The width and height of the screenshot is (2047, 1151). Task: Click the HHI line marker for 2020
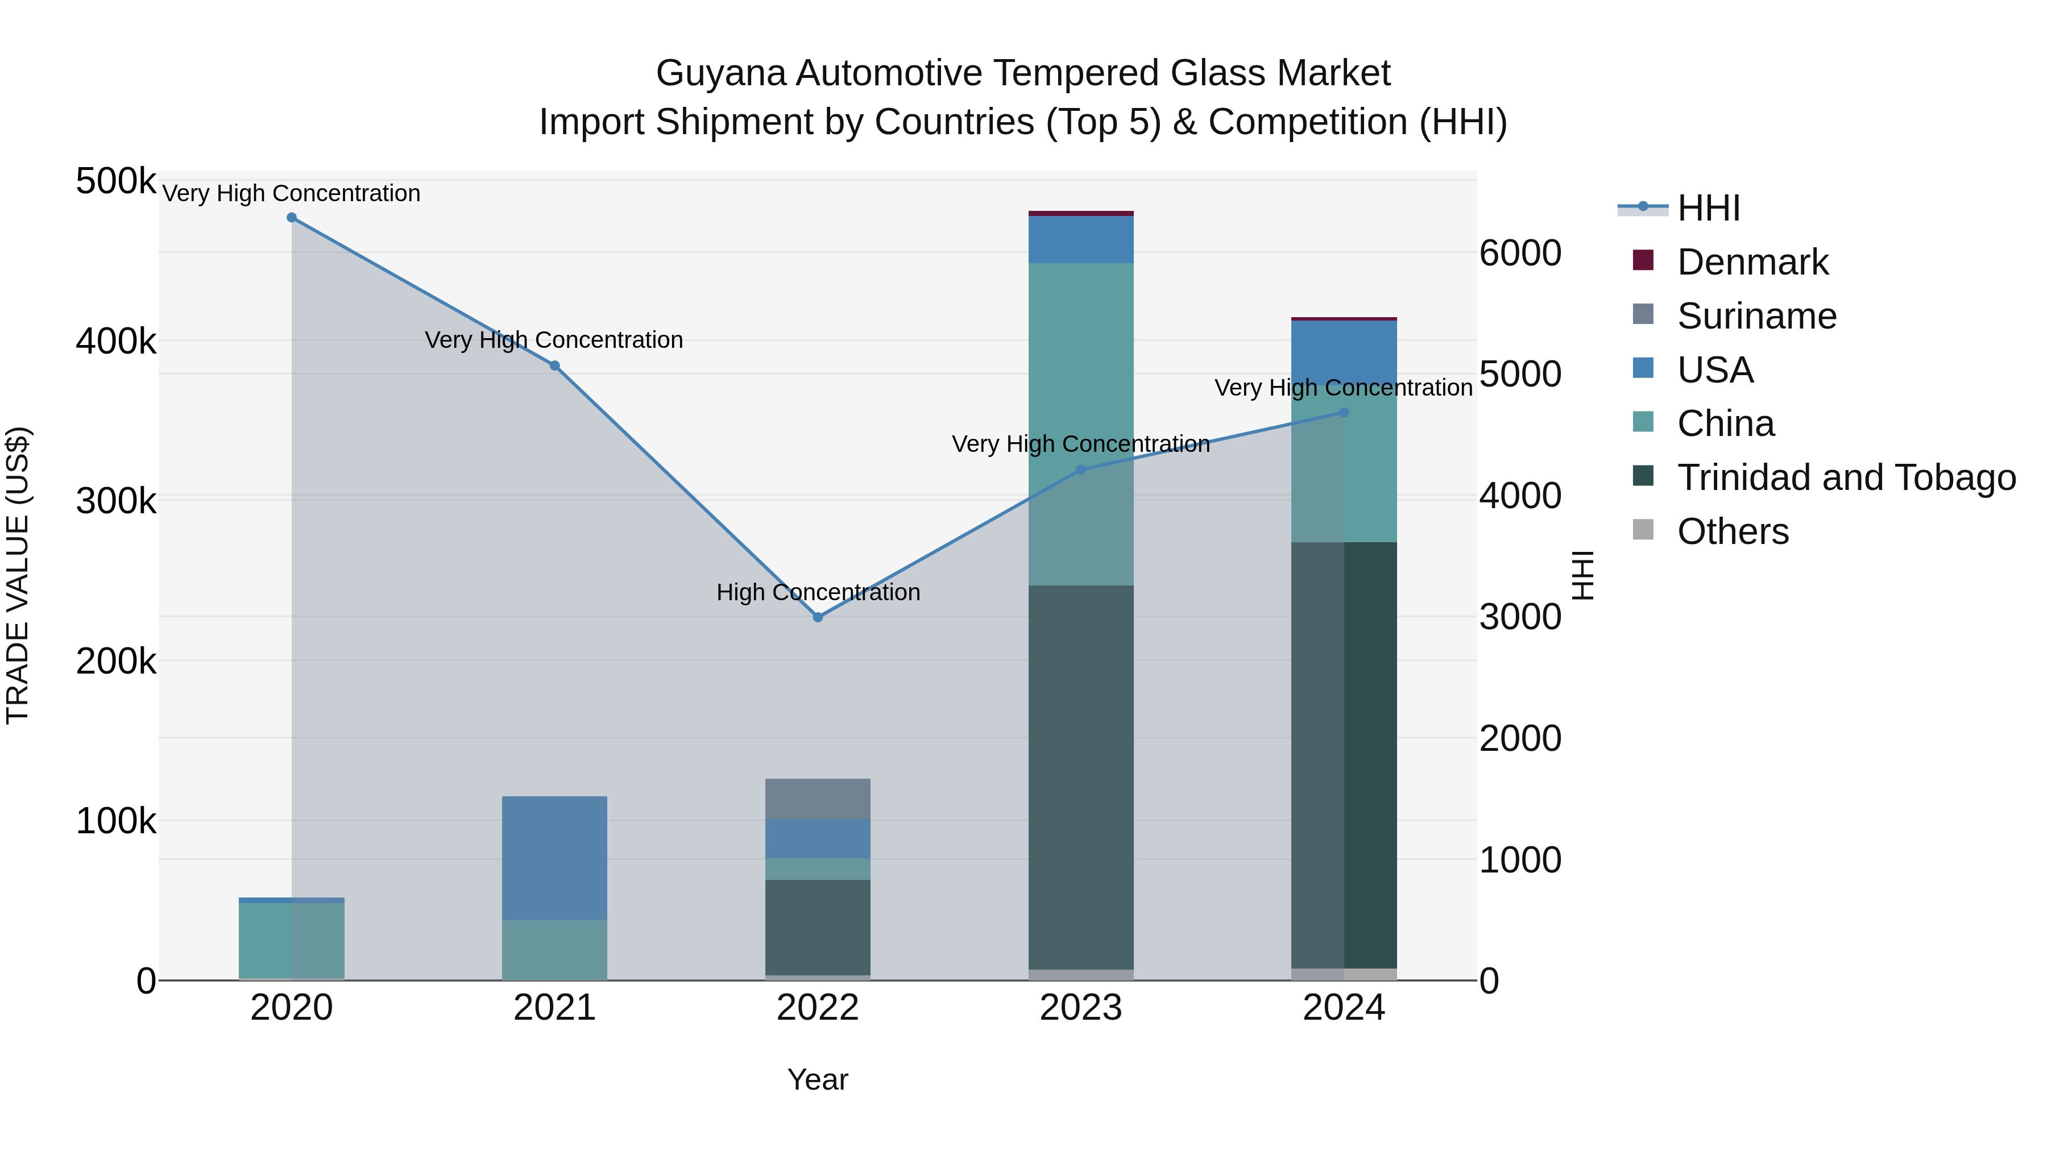tap(292, 218)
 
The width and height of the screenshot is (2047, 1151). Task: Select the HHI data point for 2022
tap(818, 617)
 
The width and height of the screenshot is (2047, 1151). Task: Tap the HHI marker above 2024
tap(1344, 412)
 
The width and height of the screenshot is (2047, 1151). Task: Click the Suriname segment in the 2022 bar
tap(818, 799)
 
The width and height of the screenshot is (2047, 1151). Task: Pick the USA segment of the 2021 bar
tap(554, 858)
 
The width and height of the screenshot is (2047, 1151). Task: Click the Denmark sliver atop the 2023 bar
tap(1081, 214)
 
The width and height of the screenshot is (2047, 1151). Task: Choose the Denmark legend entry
tap(1752, 262)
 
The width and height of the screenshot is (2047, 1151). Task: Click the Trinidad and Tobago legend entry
tap(1846, 477)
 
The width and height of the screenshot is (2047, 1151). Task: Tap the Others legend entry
tap(1733, 531)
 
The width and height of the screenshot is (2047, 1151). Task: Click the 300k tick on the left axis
tap(116, 501)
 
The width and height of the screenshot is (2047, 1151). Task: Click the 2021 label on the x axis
tap(554, 1008)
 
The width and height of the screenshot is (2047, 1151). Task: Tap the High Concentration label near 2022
tap(818, 593)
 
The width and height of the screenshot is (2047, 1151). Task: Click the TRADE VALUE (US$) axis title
tap(18, 575)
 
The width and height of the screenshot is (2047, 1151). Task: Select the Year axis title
tap(818, 1079)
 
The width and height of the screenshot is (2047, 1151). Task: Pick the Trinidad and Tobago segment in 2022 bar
tap(818, 927)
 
